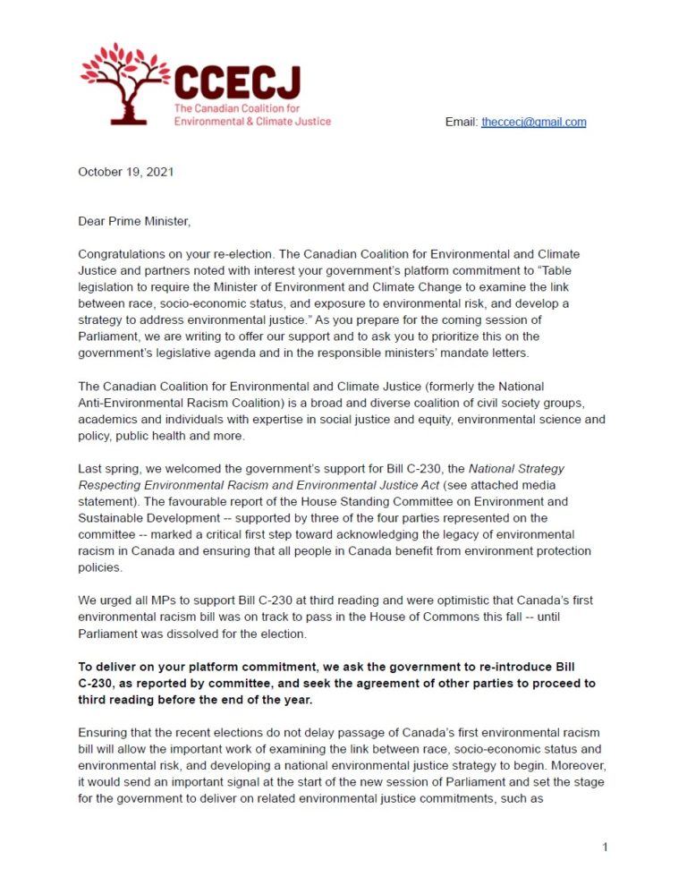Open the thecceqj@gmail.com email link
coord(533,122)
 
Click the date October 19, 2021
coord(125,172)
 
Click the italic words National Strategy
coord(516,468)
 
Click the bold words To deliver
coord(109,668)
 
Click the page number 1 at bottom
coord(605,847)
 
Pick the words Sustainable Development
coord(140,517)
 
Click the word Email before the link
coord(461,122)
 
